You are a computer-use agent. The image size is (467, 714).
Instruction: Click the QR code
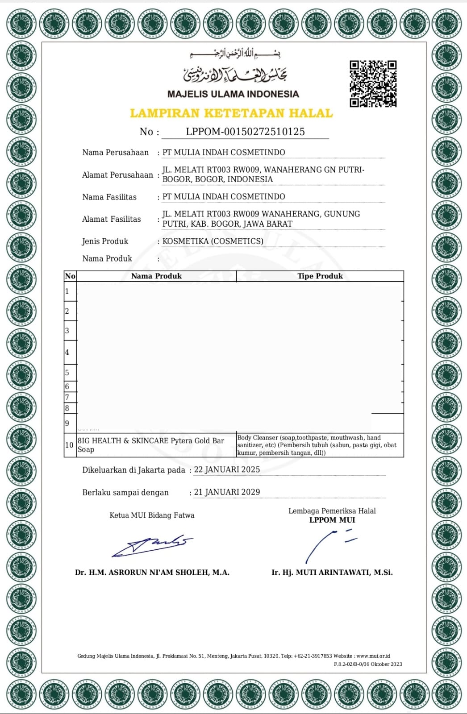click(x=373, y=84)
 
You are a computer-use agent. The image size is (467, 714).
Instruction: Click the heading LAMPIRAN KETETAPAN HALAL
click(x=231, y=113)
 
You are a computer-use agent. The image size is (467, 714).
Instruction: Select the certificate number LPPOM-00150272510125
click(x=245, y=132)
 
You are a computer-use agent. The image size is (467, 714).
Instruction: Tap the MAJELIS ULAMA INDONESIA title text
click(x=233, y=94)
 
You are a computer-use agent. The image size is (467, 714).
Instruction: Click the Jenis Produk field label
click(x=105, y=241)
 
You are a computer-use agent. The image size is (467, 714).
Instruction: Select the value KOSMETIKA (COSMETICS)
click(x=213, y=241)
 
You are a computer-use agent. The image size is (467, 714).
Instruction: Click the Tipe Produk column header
click(x=320, y=276)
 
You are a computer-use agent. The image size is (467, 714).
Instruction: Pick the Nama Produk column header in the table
click(x=156, y=276)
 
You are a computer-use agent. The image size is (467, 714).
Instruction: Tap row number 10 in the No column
click(x=69, y=445)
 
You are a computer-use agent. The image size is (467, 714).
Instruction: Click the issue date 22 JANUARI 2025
click(x=227, y=469)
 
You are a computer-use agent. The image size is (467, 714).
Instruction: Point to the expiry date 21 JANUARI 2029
click(x=227, y=492)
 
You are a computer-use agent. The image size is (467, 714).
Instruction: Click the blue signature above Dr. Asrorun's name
click(x=152, y=546)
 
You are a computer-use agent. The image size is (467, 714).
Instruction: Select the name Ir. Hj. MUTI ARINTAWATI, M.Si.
click(x=332, y=573)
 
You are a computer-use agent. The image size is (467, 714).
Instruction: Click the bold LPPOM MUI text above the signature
click(x=332, y=520)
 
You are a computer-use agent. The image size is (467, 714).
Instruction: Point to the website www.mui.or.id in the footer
click(x=373, y=656)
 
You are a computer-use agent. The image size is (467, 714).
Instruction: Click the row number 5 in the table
click(x=67, y=373)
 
